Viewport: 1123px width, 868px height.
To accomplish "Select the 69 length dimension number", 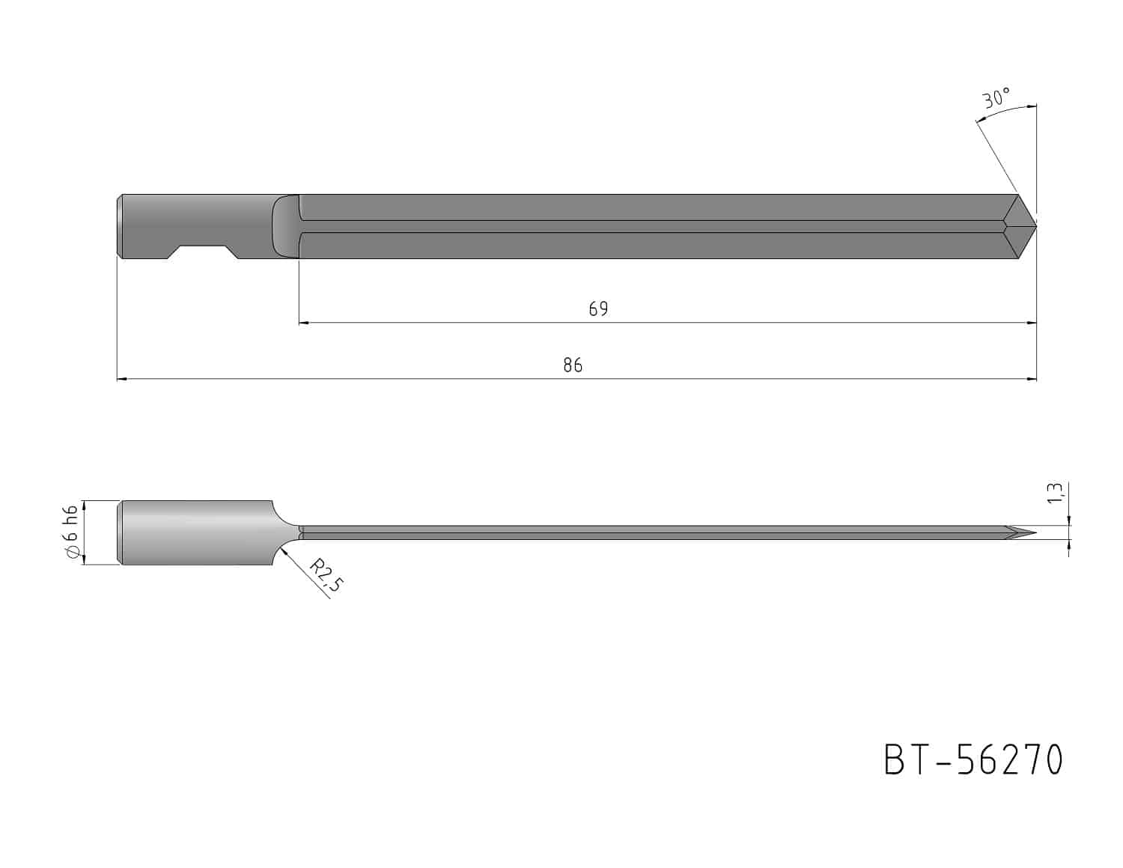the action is [x=598, y=309].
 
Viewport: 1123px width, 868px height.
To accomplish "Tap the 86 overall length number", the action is [x=573, y=365].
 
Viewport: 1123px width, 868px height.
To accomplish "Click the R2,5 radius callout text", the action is [x=326, y=575].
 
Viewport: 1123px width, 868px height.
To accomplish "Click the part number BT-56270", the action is [x=973, y=760].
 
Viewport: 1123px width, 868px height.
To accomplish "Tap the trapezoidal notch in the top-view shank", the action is [x=203, y=252].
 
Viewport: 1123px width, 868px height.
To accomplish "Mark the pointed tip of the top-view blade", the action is [x=1035, y=226].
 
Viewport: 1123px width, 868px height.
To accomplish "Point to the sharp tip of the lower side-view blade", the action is [x=1035, y=532].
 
